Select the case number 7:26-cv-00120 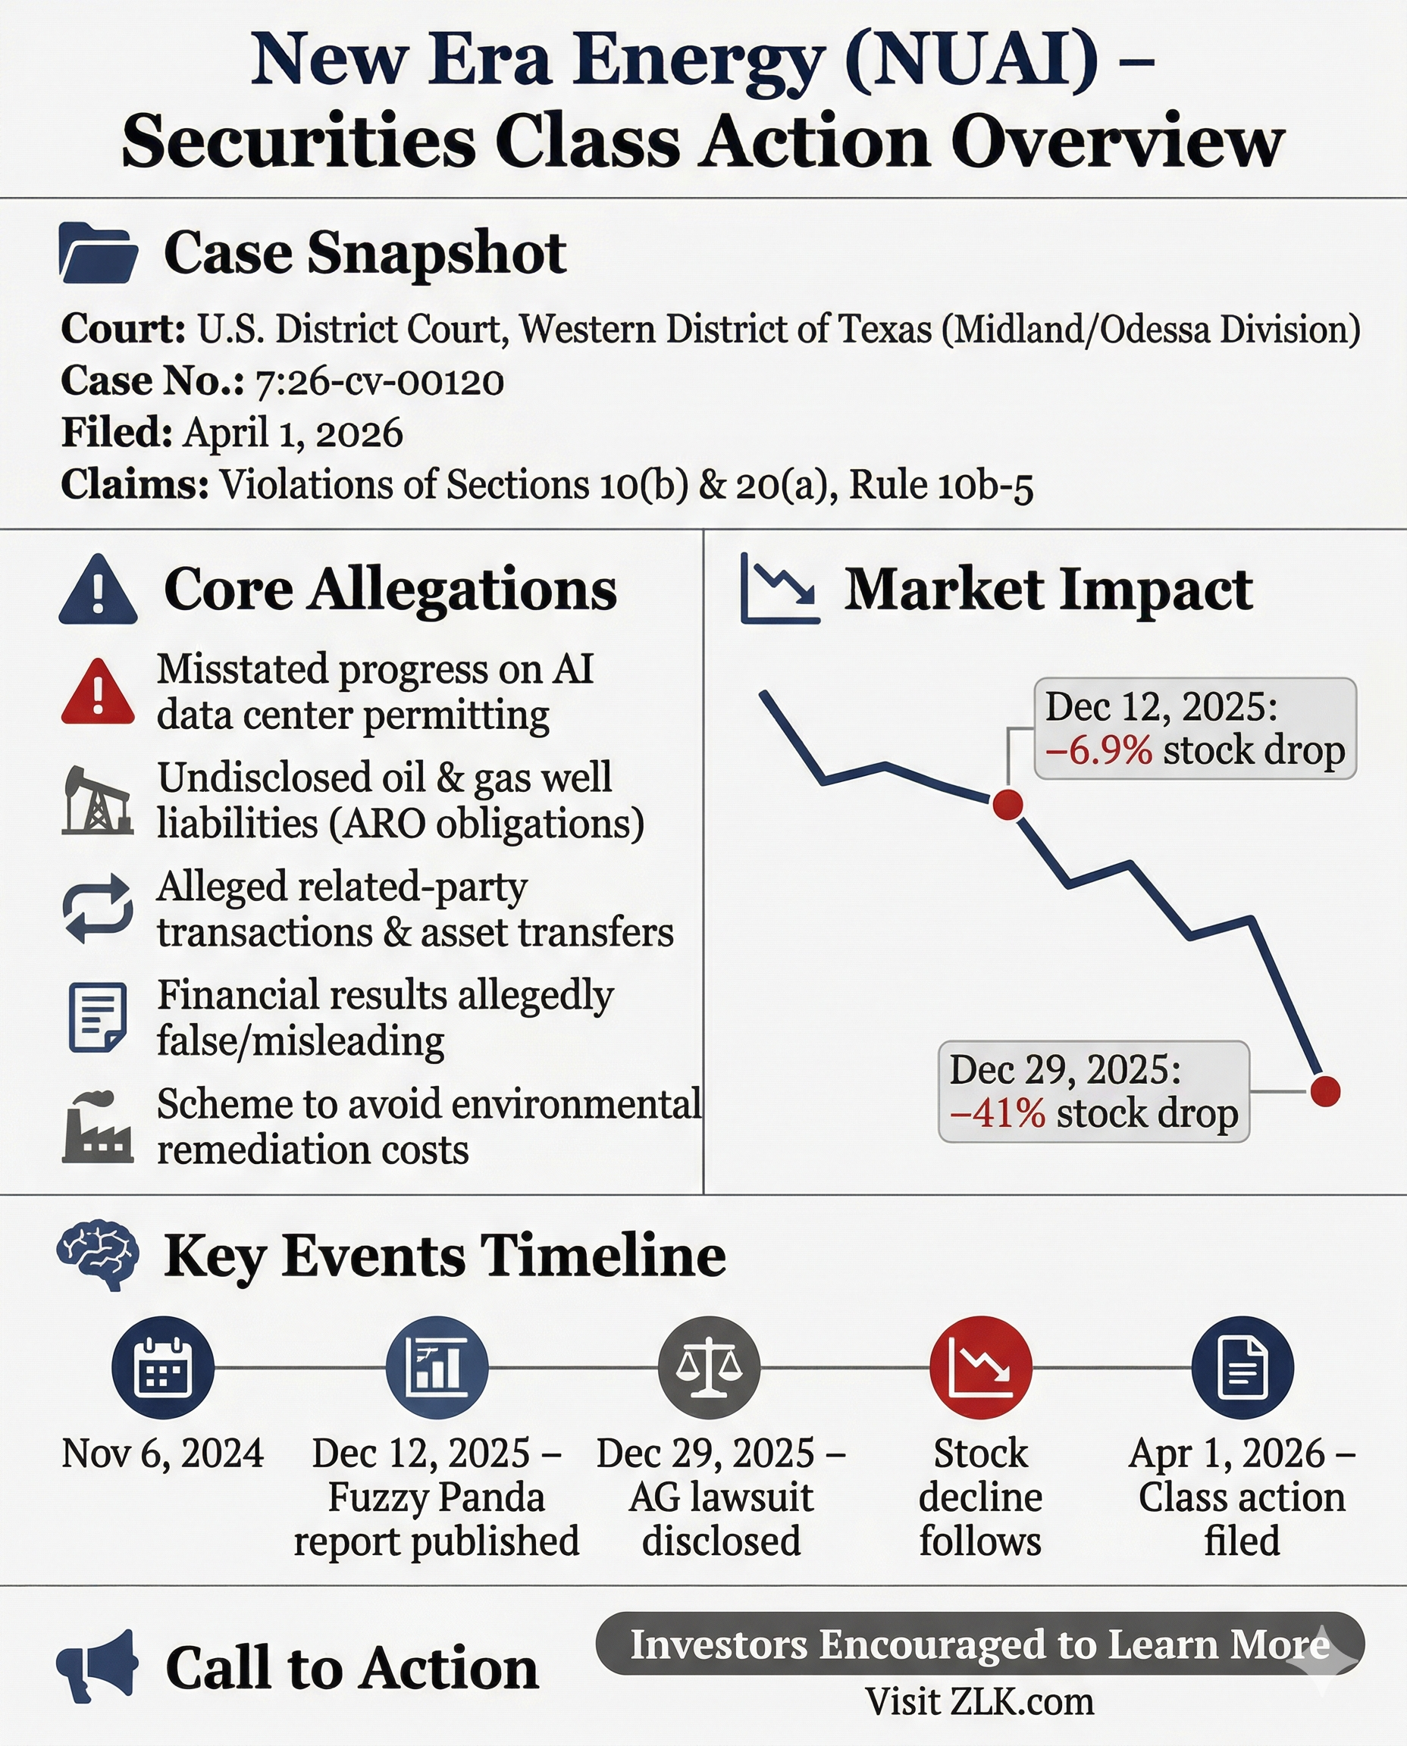pos(379,382)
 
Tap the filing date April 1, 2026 pos(293,433)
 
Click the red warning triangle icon pos(98,692)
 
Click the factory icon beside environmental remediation pos(97,1127)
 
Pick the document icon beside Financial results pos(98,1017)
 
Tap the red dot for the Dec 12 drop pos(1007,805)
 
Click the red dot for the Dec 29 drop pos(1325,1090)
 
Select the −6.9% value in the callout pos(1098,750)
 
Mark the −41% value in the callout pos(998,1113)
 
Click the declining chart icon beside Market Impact pos(779,589)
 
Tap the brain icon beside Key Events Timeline pos(98,1255)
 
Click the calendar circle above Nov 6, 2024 pos(163,1368)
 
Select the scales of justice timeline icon pos(709,1368)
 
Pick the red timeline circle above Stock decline pos(981,1368)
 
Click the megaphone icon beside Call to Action pos(98,1666)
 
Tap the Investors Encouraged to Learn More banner pos(980,1644)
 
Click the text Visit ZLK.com pos(979,1702)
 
